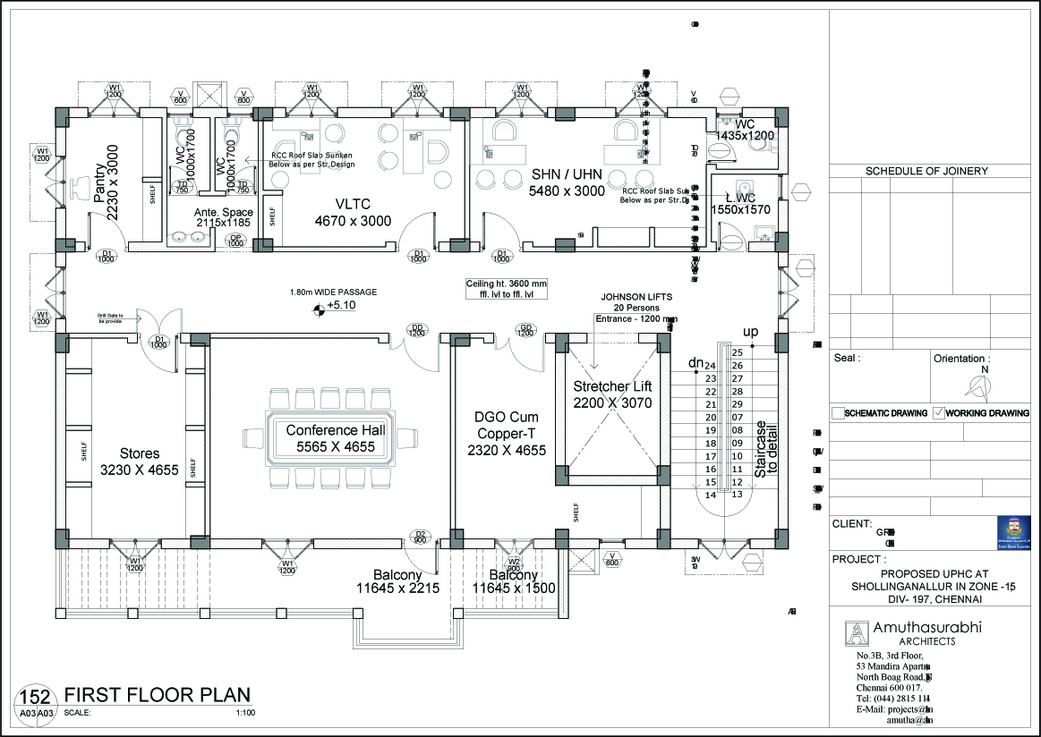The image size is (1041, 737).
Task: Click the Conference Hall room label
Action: pos(336,431)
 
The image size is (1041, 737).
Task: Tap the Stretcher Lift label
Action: pos(613,386)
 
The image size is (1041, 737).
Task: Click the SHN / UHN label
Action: pos(567,174)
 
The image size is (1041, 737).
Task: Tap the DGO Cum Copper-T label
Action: pos(506,417)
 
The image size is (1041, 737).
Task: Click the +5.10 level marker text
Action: pos(341,305)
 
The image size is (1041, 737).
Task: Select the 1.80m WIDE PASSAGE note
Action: pos(333,292)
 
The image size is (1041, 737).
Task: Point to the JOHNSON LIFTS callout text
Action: pos(636,297)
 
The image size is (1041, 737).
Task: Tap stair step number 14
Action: pos(711,495)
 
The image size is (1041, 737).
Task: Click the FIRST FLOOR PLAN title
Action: pos(157,694)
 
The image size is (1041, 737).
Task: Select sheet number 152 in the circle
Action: pos(35,697)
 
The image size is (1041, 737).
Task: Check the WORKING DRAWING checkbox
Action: pos(938,413)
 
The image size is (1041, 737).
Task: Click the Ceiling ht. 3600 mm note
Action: pos(506,284)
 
